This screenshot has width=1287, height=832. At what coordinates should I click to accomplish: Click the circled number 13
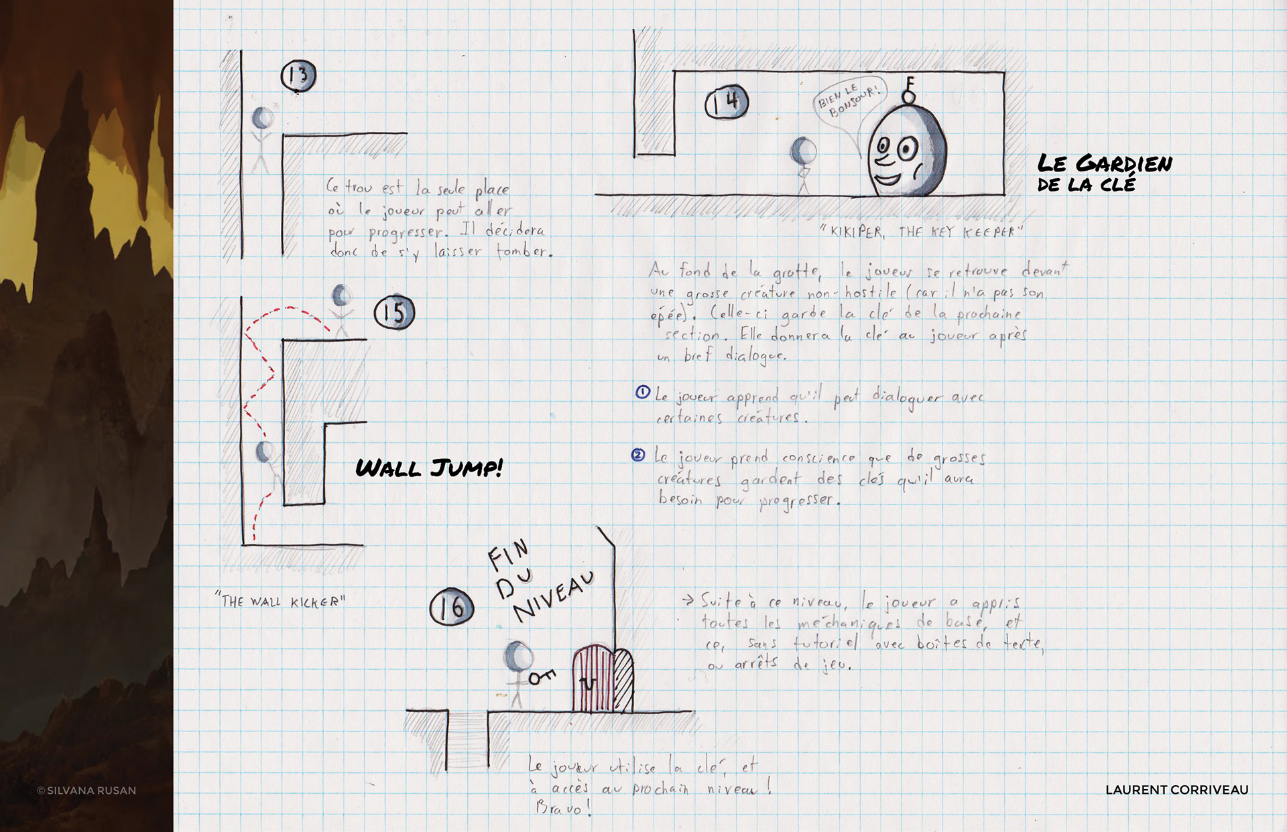coord(298,76)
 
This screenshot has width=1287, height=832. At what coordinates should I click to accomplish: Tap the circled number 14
coord(727,102)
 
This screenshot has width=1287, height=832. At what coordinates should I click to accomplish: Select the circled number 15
coord(394,312)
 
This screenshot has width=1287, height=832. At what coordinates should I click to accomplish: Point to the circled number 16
coord(451,607)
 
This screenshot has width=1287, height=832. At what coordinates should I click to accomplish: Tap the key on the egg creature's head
coord(909,90)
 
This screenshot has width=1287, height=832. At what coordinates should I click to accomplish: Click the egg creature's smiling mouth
coord(886,179)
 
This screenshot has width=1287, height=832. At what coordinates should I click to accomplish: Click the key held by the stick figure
coord(542,677)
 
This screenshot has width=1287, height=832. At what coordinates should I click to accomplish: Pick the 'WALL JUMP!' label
coord(429,468)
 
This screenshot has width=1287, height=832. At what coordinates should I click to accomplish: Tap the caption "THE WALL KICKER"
coord(281,600)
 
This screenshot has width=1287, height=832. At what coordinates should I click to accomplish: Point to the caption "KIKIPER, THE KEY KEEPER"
coord(922,232)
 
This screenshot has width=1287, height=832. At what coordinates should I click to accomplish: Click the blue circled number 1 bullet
coord(642,392)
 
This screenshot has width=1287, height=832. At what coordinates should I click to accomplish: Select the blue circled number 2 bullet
coord(638,456)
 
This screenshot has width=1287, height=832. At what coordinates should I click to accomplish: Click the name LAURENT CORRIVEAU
coord(1176,790)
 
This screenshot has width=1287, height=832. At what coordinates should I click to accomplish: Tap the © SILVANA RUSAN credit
coord(86,790)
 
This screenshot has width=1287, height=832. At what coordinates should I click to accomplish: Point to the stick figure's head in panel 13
coord(262,119)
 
